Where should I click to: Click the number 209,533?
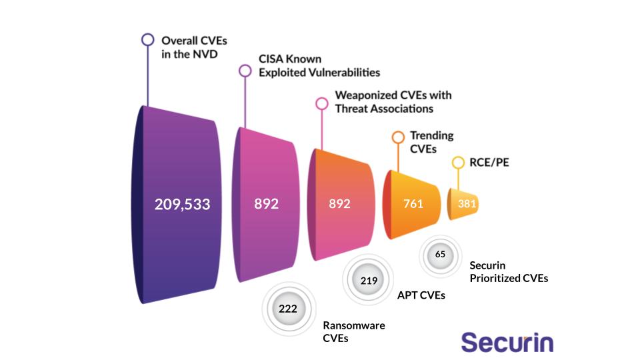(x=182, y=204)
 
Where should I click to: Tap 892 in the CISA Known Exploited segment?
(x=266, y=204)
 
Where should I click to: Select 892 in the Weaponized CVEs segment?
(x=339, y=204)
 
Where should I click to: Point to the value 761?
(x=413, y=204)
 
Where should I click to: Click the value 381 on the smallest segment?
(x=467, y=204)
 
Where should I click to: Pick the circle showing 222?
(x=287, y=309)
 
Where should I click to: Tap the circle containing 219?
(x=369, y=280)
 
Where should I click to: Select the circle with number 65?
(x=440, y=254)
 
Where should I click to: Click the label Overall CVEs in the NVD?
(x=194, y=47)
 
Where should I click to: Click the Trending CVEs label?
(x=431, y=141)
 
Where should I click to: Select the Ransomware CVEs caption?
(x=353, y=332)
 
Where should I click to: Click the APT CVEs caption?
(x=421, y=294)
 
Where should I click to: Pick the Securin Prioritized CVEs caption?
(x=508, y=271)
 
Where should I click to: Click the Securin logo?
(x=507, y=342)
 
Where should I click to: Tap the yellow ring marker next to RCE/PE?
(x=457, y=162)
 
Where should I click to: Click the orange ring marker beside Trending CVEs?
(x=398, y=137)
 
